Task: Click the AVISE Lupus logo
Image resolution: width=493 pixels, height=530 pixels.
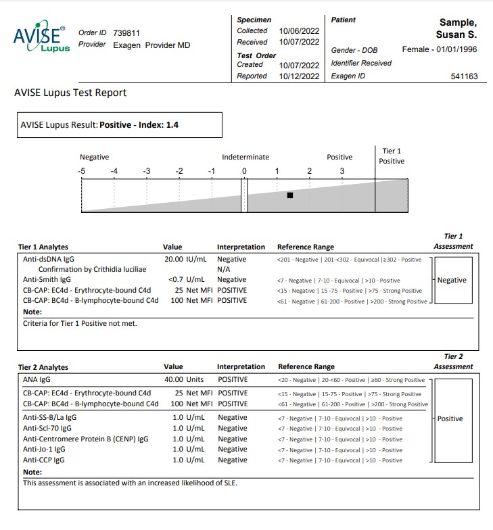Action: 41,39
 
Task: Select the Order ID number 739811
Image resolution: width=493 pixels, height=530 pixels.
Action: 126,32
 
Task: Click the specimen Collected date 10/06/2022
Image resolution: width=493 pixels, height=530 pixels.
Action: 299,30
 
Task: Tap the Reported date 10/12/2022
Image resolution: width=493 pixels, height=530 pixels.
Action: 299,76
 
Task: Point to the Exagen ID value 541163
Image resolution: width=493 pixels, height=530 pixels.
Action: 464,76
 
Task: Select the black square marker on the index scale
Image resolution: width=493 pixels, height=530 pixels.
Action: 290,195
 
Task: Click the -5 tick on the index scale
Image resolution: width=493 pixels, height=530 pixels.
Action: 82,171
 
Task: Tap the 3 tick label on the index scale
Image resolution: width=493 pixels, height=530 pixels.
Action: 342,171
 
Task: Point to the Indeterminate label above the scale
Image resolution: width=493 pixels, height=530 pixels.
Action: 244,157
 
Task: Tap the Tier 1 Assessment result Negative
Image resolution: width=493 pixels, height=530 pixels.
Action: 452,280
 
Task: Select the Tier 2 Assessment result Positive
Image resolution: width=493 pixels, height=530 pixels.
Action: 450,418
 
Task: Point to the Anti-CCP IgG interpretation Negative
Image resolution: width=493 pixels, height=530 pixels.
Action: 232,460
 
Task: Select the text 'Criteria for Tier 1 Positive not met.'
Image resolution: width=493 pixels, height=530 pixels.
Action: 80,323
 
